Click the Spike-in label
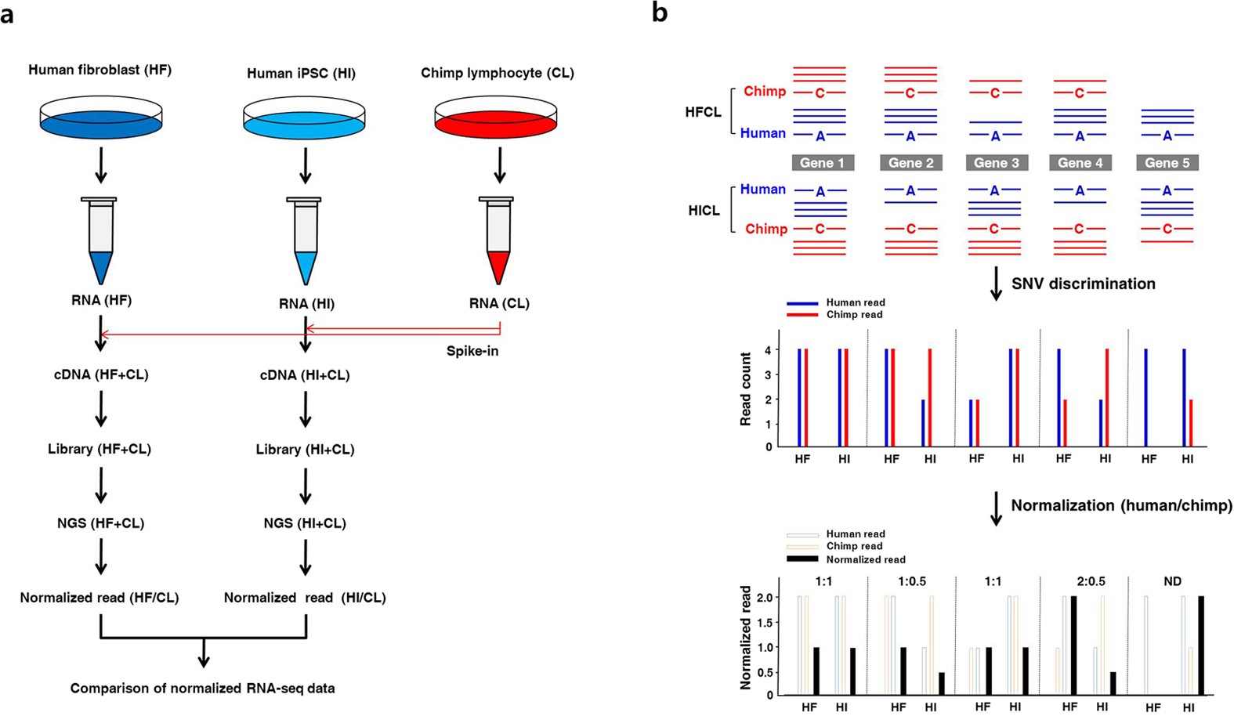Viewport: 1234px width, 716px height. click(x=472, y=351)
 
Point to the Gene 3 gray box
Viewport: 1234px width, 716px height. click(x=996, y=163)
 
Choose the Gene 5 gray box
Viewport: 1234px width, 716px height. click(x=1167, y=163)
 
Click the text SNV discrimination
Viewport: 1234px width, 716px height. click(x=1083, y=284)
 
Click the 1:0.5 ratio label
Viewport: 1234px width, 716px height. click(x=911, y=581)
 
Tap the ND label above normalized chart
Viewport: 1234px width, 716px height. click(x=1172, y=581)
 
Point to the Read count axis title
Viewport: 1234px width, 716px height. click(x=745, y=389)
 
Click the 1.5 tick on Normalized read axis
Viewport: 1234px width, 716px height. click(x=763, y=622)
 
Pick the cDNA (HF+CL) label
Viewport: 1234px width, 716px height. click(x=101, y=374)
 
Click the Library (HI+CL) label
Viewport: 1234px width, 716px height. click(x=305, y=450)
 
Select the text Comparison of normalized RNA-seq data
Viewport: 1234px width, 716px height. click(x=202, y=689)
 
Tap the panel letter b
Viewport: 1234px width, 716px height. click(x=660, y=13)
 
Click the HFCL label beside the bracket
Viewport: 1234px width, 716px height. click(x=703, y=112)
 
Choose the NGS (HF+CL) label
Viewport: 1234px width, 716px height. click(x=100, y=523)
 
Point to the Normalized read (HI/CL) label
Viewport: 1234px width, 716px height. click(x=305, y=598)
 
